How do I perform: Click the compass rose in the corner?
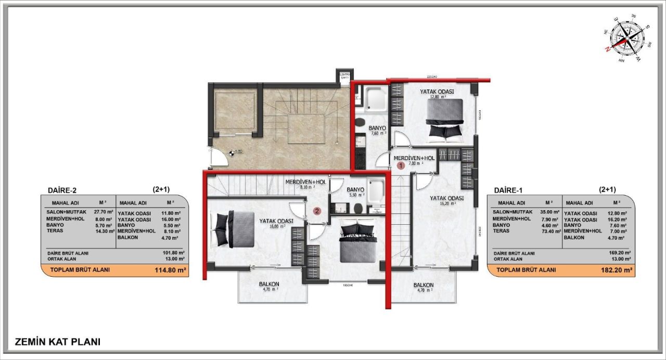click(x=626, y=39)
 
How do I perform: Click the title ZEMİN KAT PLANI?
click(x=58, y=342)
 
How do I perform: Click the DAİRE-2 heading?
click(x=62, y=190)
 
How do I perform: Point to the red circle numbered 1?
click(x=401, y=166)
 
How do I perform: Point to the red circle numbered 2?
click(x=316, y=211)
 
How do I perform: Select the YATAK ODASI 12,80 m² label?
click(x=437, y=94)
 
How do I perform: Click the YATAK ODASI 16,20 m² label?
click(x=446, y=200)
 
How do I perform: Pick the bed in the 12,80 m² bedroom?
click(x=445, y=119)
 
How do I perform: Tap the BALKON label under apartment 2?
click(x=270, y=287)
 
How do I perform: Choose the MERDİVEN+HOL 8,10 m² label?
click(x=305, y=184)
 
